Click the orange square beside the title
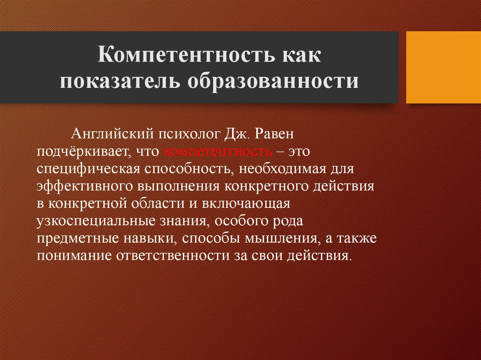point(443,67)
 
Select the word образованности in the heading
point(273,81)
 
